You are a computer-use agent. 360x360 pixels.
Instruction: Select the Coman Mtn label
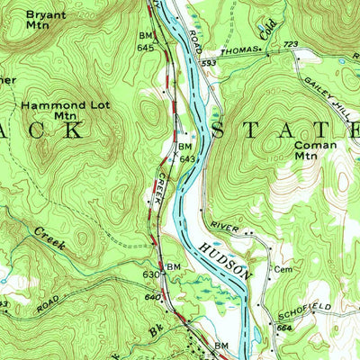(x=316, y=149)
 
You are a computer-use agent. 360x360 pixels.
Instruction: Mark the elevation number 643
(x=187, y=158)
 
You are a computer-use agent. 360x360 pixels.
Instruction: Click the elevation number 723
(x=290, y=43)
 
